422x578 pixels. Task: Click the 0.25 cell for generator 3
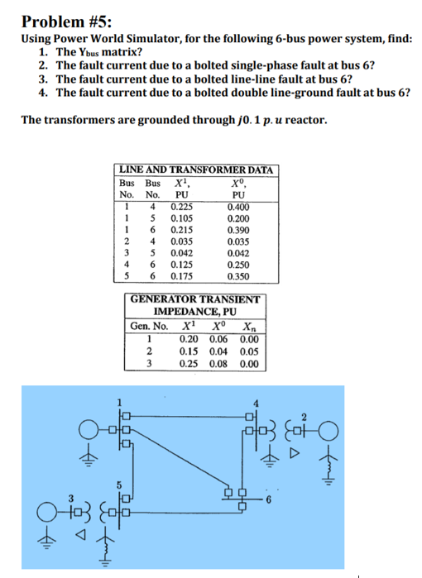click(189, 361)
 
